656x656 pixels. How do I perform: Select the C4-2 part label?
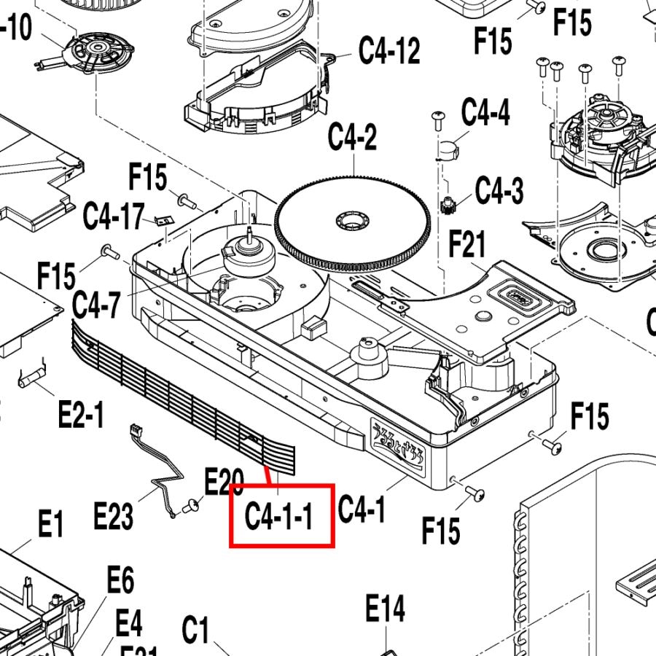coord(352,138)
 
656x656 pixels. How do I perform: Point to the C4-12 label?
coord(389,50)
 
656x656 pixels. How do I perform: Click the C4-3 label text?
coord(499,192)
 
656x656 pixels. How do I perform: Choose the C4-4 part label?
coord(486,113)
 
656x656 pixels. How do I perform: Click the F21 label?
coord(467,246)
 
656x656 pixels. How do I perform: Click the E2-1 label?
coord(81,416)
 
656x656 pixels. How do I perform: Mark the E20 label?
coord(224,482)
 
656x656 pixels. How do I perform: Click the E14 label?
coord(385,609)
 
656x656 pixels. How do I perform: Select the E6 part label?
coord(120,581)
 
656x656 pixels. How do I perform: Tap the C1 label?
coord(195,630)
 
